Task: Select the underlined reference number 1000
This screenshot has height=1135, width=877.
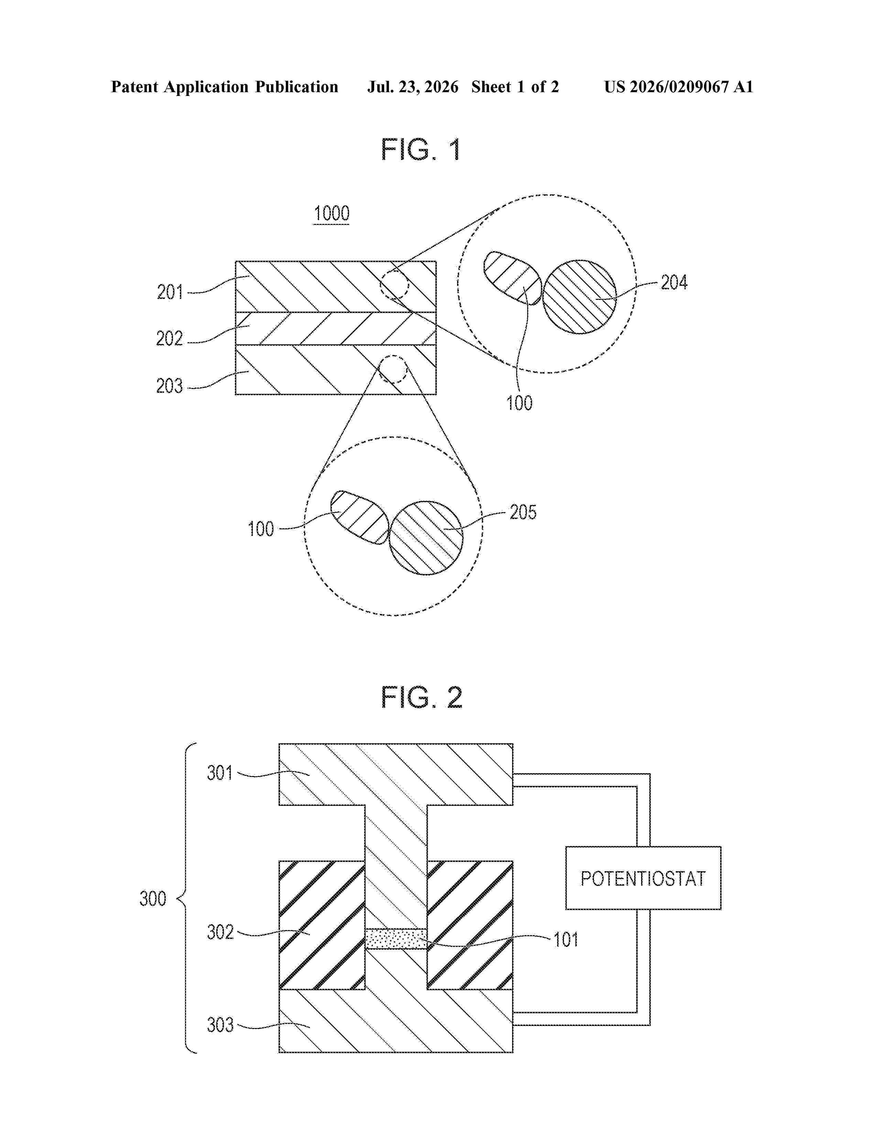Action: pyautogui.click(x=332, y=214)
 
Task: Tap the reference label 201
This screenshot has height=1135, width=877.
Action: pyautogui.click(x=170, y=292)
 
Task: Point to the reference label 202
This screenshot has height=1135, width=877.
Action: pyautogui.click(x=169, y=339)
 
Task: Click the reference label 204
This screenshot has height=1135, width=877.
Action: pyautogui.click(x=674, y=283)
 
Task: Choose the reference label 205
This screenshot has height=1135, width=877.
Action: pyautogui.click(x=523, y=512)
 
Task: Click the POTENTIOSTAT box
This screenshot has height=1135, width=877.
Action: pyautogui.click(x=643, y=878)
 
